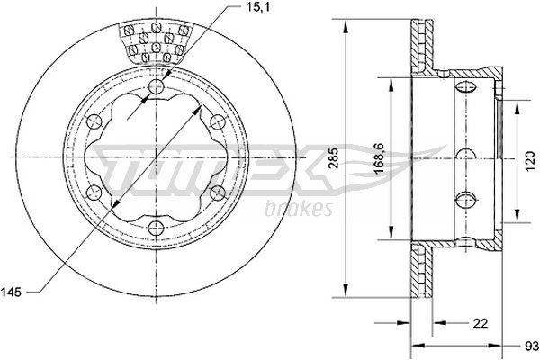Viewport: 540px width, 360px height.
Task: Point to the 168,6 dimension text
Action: click(x=381, y=155)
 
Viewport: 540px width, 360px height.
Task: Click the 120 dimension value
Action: click(x=529, y=164)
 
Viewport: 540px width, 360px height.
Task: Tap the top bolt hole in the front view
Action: click(x=157, y=86)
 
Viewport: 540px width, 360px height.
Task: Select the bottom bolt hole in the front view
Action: click(x=157, y=227)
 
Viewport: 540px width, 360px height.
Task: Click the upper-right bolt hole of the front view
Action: click(x=217, y=121)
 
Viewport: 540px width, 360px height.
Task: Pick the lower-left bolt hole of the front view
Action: click(x=96, y=192)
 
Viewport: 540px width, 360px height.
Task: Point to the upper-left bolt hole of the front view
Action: click(x=96, y=121)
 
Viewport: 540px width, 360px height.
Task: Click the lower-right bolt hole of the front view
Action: click(x=217, y=192)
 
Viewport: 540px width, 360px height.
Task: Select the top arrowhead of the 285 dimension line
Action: click(x=346, y=23)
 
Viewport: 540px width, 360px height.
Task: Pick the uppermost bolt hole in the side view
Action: click(x=466, y=87)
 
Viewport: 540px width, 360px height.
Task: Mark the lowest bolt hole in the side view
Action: click(x=466, y=200)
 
